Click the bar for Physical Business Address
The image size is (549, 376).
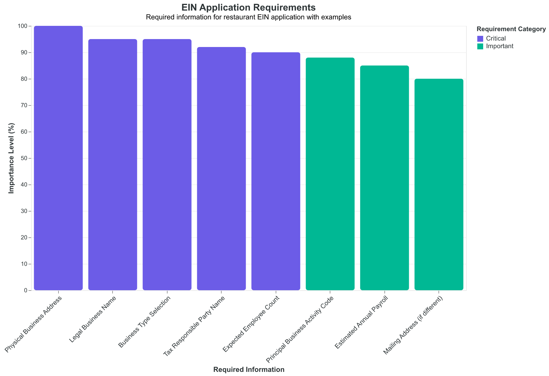click(x=58, y=158)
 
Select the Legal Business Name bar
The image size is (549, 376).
click(x=113, y=165)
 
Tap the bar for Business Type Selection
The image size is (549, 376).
click(x=167, y=165)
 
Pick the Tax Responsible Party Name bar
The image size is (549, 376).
click(x=221, y=169)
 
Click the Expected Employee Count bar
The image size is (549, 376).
click(x=276, y=171)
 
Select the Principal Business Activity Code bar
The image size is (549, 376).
click(x=330, y=174)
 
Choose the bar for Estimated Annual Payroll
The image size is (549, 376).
click(x=384, y=178)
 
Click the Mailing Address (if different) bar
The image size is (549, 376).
click(x=439, y=184)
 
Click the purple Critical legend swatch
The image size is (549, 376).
click(x=480, y=38)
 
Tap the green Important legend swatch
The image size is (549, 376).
click(x=480, y=46)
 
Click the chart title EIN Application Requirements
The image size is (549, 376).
click(x=249, y=7)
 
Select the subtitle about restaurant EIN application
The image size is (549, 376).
click(x=249, y=17)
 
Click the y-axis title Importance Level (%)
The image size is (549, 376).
click(x=11, y=158)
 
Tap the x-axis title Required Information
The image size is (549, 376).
click(x=249, y=370)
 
